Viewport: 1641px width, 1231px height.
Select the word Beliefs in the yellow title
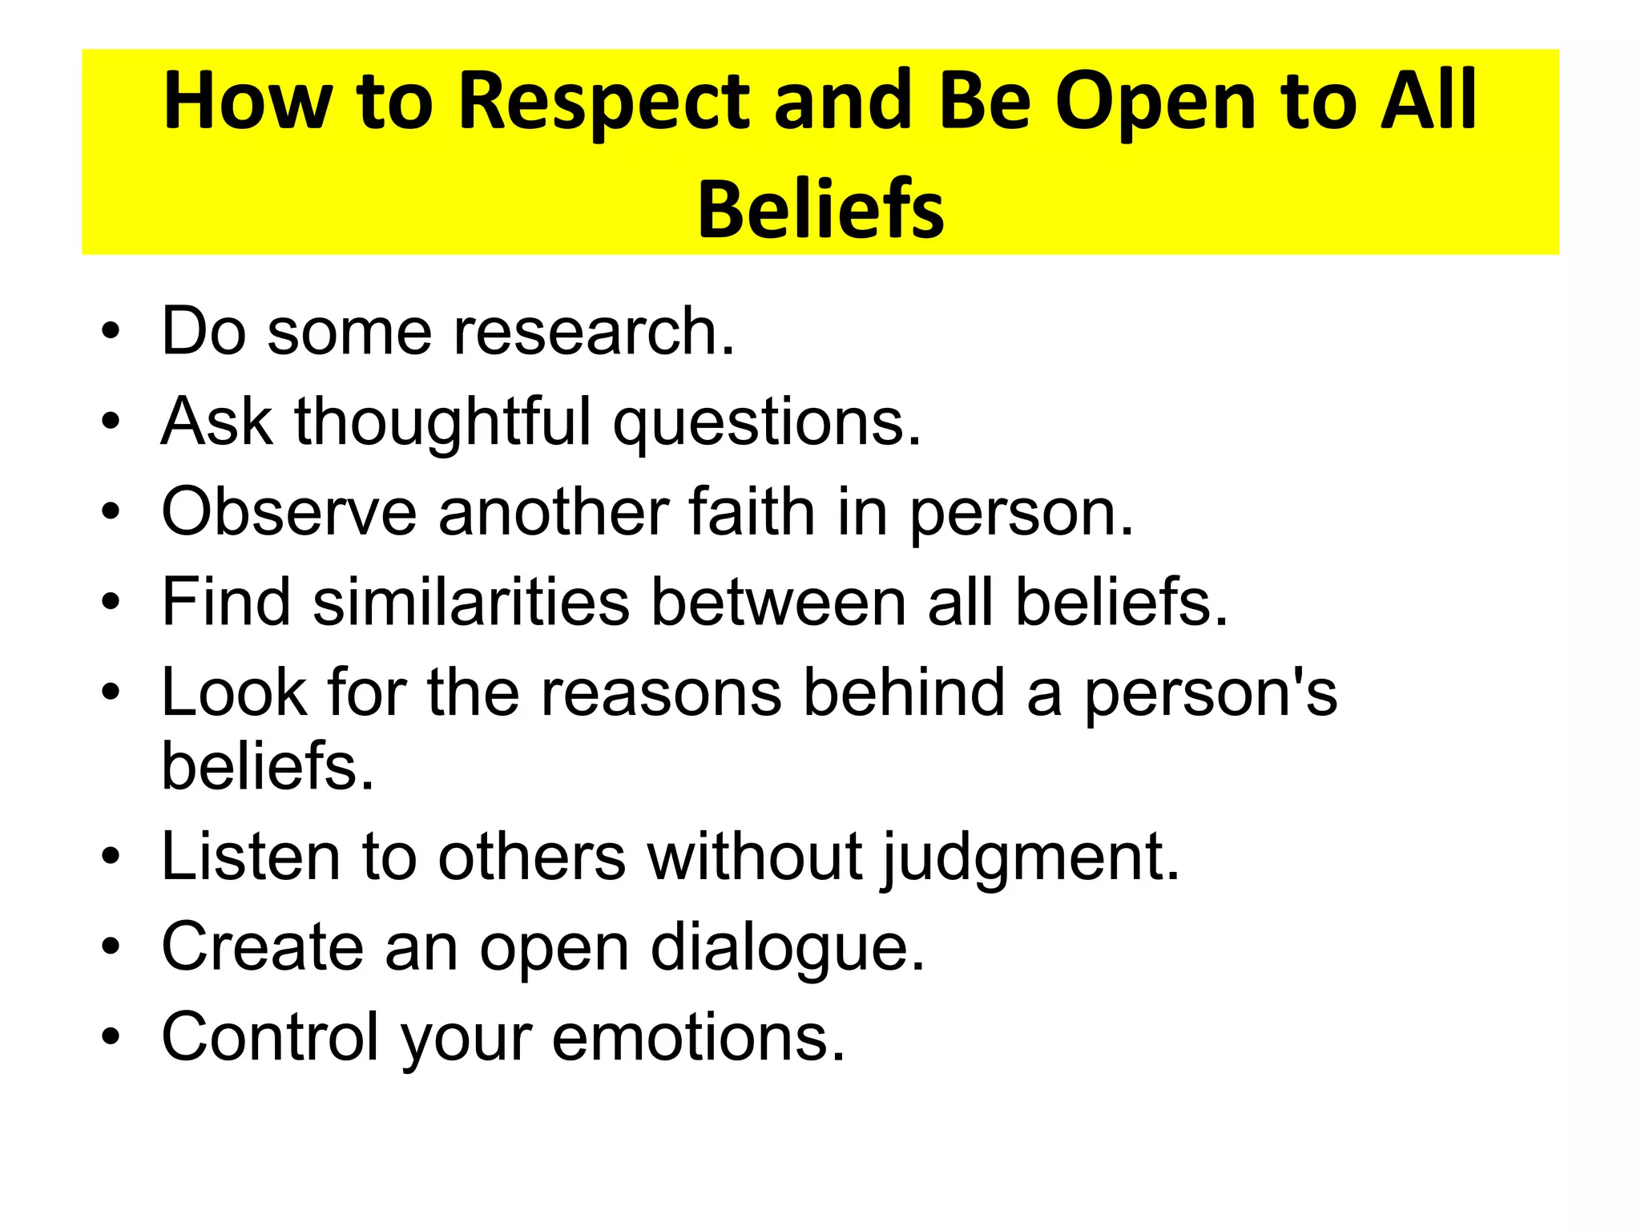[x=820, y=210]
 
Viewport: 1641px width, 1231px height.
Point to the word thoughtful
[x=442, y=422]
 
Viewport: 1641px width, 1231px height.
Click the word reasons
[x=661, y=692]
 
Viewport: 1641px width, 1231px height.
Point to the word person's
[x=1210, y=694]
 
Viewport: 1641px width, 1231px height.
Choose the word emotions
[x=698, y=1037]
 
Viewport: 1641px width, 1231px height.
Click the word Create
[x=262, y=946]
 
